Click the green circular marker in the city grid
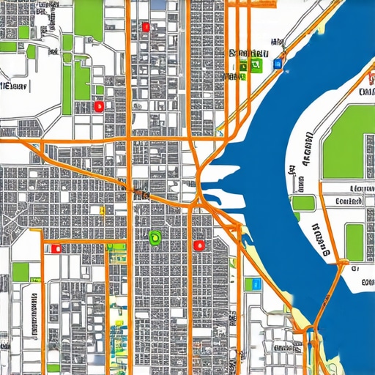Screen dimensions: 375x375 pyautogui.click(x=155, y=237)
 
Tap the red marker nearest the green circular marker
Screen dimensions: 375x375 pyautogui.click(x=197, y=245)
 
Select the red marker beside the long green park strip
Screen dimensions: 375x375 pyautogui.click(x=98, y=106)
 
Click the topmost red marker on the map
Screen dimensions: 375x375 pyautogui.click(x=146, y=27)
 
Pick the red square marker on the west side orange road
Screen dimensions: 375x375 pyautogui.click(x=55, y=248)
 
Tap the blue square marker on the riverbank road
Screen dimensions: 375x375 pyautogui.click(x=277, y=64)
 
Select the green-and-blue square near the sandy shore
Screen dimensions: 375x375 pyautogui.click(x=255, y=283)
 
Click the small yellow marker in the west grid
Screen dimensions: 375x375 pyautogui.click(x=102, y=212)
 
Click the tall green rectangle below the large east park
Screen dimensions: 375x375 pyautogui.click(x=354, y=242)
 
